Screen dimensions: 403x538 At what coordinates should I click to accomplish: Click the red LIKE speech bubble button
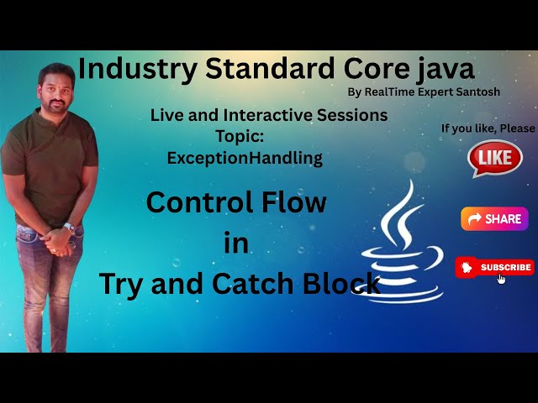(495, 158)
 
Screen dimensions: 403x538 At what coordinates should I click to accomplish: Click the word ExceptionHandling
(245, 157)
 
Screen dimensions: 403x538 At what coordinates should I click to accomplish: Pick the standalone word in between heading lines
(237, 243)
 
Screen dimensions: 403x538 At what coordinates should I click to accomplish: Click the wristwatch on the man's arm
(70, 227)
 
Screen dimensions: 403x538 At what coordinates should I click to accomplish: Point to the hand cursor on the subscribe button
(502, 278)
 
